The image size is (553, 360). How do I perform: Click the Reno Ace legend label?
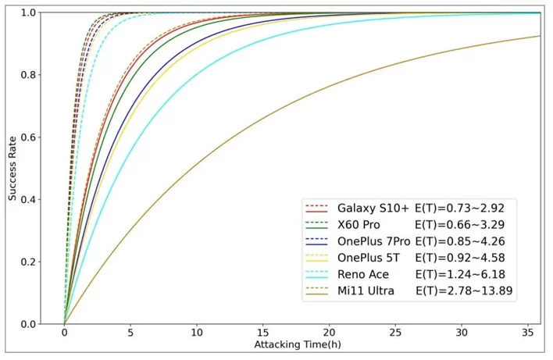coord(363,274)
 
